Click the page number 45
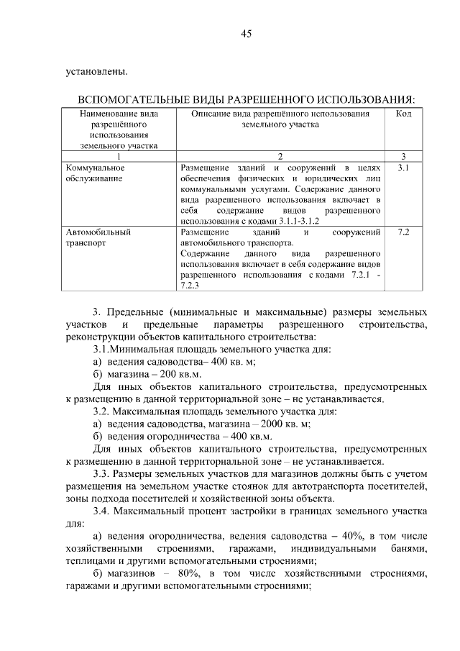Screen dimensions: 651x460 pyautogui.click(x=246, y=34)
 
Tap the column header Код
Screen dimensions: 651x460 pyautogui.click(x=403, y=114)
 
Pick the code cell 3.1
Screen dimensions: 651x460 pyautogui.click(x=403, y=168)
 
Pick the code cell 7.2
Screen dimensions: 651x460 pyautogui.click(x=403, y=233)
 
